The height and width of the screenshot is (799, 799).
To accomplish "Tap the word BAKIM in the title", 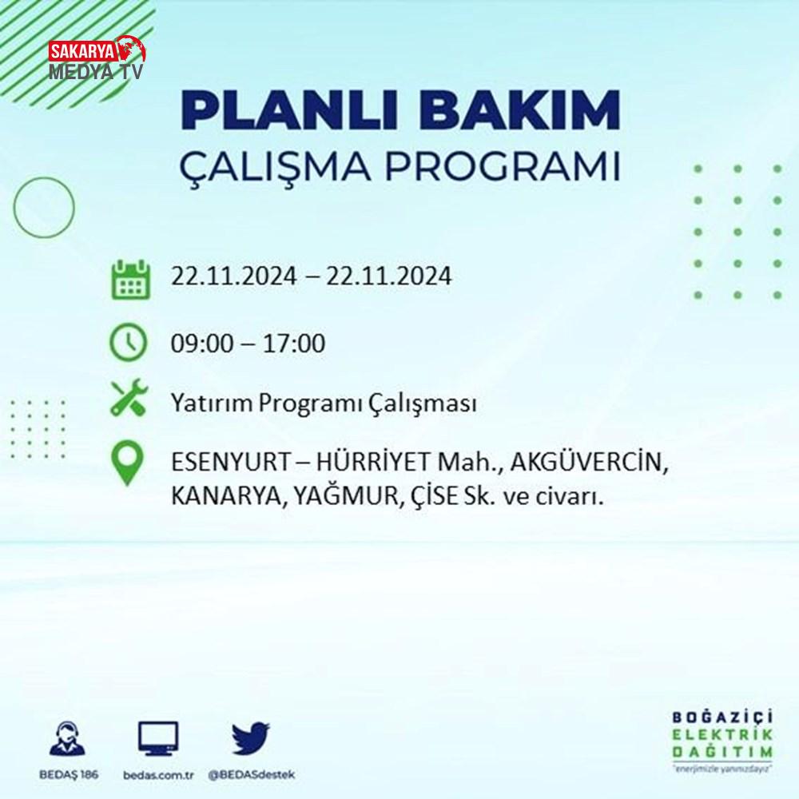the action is click(x=519, y=110).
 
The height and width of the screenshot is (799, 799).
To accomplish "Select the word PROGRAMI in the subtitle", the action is click(x=503, y=166).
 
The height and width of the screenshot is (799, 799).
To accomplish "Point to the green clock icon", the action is click(x=129, y=343).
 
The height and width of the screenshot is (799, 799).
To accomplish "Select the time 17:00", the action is click(x=293, y=343).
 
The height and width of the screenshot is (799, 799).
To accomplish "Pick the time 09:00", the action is click(x=202, y=343).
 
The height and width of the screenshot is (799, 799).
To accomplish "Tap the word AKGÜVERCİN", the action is click(x=589, y=462).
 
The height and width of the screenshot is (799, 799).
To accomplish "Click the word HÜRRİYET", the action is click(x=373, y=462).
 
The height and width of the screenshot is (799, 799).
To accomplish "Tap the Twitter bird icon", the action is click(x=251, y=737).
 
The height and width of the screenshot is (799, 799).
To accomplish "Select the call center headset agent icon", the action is click(x=68, y=737).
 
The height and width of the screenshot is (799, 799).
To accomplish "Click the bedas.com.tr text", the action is click(x=158, y=775).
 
